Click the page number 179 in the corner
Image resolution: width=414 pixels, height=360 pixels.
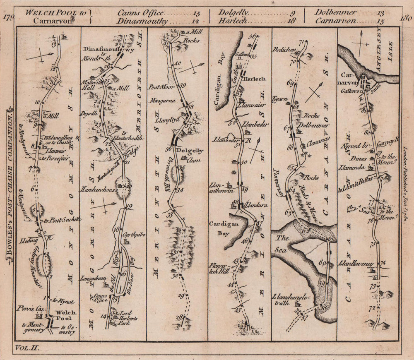click(x=9, y=17)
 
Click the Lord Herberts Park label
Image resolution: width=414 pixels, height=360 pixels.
click(x=128, y=316)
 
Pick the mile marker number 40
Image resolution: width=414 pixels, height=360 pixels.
click(x=178, y=63)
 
